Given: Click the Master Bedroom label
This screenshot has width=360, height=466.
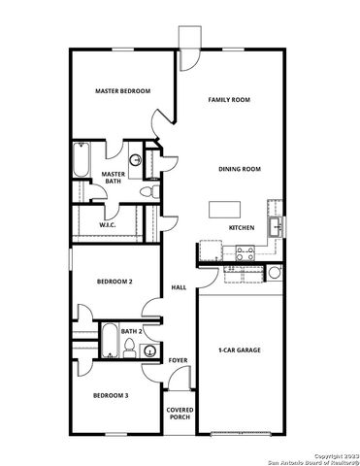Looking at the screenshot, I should [x=122, y=91].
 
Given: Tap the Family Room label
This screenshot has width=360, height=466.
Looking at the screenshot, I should [x=230, y=100].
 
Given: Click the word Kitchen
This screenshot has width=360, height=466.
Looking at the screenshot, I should [x=242, y=227].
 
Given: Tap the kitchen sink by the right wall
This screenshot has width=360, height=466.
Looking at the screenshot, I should [x=276, y=227].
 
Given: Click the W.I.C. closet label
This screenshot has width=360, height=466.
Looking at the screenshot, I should [x=108, y=225].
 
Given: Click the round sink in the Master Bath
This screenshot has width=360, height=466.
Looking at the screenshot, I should [x=136, y=161].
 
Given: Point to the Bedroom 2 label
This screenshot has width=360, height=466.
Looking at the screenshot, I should [x=114, y=283].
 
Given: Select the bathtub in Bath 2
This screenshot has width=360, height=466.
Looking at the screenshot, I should [x=108, y=342].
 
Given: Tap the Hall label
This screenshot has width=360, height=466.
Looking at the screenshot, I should [x=179, y=288].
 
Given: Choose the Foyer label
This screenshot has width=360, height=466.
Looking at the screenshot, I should [x=178, y=360].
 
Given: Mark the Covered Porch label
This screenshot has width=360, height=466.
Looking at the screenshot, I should [x=180, y=414].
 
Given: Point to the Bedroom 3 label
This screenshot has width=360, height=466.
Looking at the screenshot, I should [x=112, y=395].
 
